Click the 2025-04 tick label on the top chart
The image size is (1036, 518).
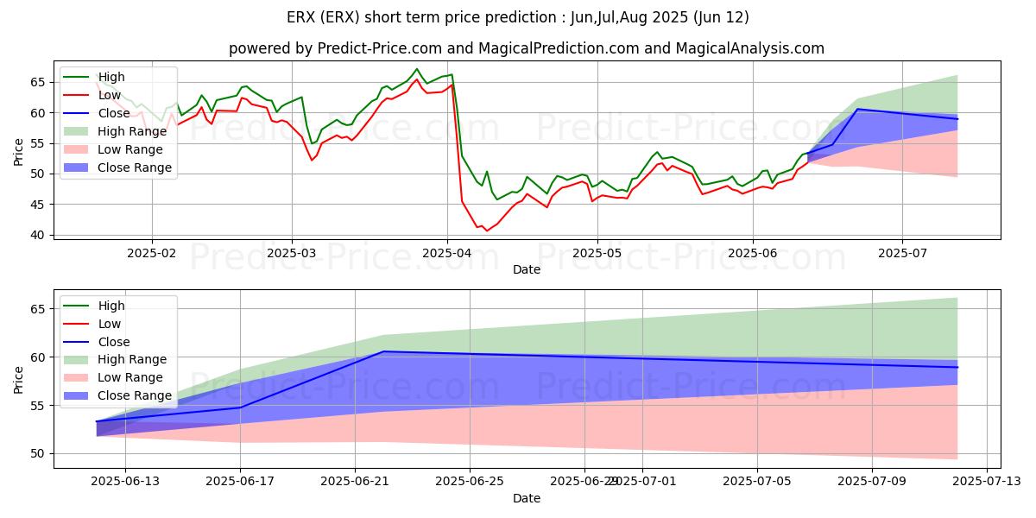[x=446, y=252]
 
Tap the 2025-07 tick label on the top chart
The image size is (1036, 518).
[x=902, y=252]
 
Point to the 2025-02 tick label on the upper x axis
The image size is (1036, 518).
[x=152, y=252]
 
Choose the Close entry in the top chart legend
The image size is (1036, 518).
[x=115, y=113]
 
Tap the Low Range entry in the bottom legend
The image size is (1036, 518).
[x=129, y=377]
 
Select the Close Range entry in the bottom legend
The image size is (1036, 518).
[x=134, y=395]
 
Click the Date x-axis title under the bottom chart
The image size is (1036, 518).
[x=527, y=498]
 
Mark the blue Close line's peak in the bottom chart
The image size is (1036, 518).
[x=383, y=351]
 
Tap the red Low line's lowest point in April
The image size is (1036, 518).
[x=486, y=231]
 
